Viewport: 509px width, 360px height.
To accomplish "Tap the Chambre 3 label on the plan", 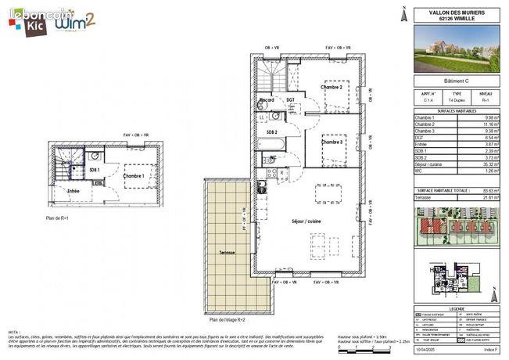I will point(332,142).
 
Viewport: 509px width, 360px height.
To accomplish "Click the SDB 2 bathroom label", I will point(271,132).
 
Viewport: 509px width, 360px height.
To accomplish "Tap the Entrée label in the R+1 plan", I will point(73,190).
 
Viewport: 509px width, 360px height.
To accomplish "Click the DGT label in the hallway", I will point(290,100).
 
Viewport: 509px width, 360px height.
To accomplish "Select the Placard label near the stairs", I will point(267,100).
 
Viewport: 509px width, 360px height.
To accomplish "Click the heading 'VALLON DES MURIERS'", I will point(457,11).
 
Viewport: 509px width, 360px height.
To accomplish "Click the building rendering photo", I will point(457,48).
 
